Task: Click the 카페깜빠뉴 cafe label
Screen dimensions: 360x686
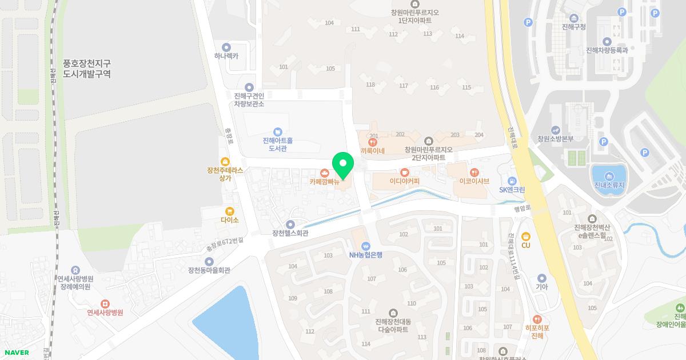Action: tap(324, 182)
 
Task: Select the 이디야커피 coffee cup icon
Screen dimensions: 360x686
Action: tap(405, 172)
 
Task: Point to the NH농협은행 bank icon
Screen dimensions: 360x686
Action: tap(366, 246)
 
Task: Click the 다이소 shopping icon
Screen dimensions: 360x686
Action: tap(230, 211)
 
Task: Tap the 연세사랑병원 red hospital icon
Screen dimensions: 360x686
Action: tap(105, 303)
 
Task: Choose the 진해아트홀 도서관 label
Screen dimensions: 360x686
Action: tap(278, 145)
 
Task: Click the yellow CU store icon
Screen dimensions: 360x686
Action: tap(526, 236)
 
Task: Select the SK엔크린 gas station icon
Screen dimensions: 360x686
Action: tap(512, 181)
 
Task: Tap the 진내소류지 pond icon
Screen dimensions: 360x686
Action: tap(608, 176)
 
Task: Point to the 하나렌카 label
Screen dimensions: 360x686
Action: tap(226, 57)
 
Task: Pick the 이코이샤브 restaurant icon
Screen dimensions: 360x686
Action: tap(474, 172)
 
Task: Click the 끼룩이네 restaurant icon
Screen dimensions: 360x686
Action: tap(373, 142)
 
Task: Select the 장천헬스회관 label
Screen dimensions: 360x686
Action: tap(290, 233)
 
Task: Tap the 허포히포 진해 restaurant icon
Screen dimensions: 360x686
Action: tap(537, 319)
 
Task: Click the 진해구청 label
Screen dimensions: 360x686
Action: tap(574, 27)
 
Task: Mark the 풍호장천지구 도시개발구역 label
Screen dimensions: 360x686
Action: tap(87, 69)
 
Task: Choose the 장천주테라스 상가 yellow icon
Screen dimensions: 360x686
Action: tap(225, 162)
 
